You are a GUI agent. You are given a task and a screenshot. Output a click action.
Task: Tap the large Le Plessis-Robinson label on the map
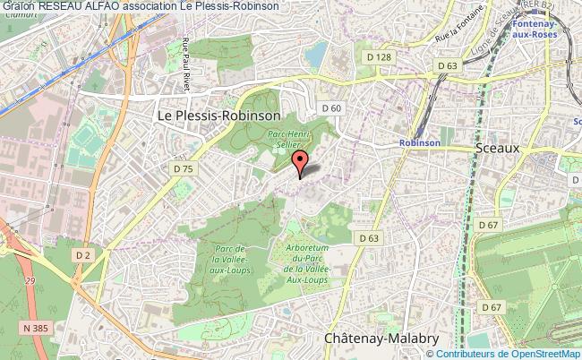(218, 116)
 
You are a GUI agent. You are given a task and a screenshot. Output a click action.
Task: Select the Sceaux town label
(499, 148)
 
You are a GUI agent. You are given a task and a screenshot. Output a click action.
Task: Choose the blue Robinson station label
(419, 142)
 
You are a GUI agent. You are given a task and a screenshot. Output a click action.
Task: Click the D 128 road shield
(380, 57)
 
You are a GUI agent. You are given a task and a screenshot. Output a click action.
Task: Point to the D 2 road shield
(83, 256)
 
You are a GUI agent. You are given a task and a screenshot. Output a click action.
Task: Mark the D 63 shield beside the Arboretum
(368, 238)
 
